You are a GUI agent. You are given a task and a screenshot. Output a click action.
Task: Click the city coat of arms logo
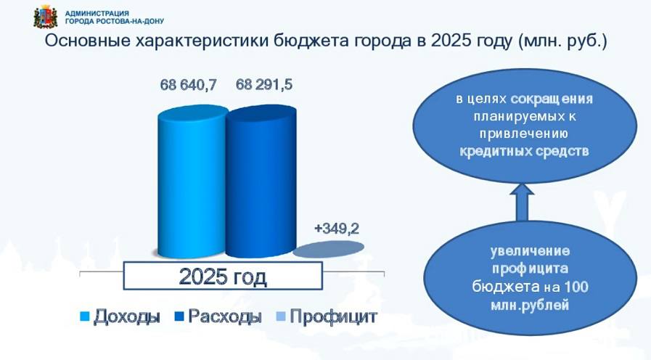coord(46,18)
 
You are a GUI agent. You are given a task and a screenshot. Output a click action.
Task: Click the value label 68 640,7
coord(189,85)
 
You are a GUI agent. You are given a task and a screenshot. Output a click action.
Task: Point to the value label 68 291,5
coord(264,85)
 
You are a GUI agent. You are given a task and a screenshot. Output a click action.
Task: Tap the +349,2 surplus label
coord(337,229)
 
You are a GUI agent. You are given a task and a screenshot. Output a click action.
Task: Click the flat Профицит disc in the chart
coord(329,249)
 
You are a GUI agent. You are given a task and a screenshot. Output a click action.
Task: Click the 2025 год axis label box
coord(223,276)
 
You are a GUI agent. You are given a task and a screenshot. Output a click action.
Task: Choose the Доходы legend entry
coord(120,316)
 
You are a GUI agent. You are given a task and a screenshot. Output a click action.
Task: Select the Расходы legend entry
coord(218,316)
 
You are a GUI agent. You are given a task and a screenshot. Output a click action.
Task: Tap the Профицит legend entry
coord(327,316)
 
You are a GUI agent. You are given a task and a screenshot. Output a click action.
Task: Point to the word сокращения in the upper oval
coord(552,99)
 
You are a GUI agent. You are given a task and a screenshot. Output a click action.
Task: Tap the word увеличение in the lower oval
coord(531,251)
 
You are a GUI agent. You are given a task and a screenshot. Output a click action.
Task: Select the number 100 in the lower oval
coord(575,287)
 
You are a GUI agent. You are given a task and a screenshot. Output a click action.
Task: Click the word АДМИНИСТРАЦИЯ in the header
coord(97,13)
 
